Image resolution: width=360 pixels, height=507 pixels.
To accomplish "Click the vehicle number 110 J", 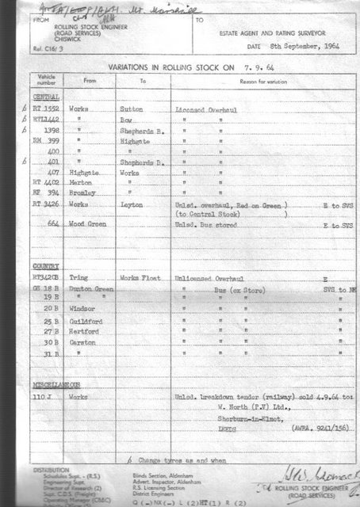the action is point(43,395).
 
